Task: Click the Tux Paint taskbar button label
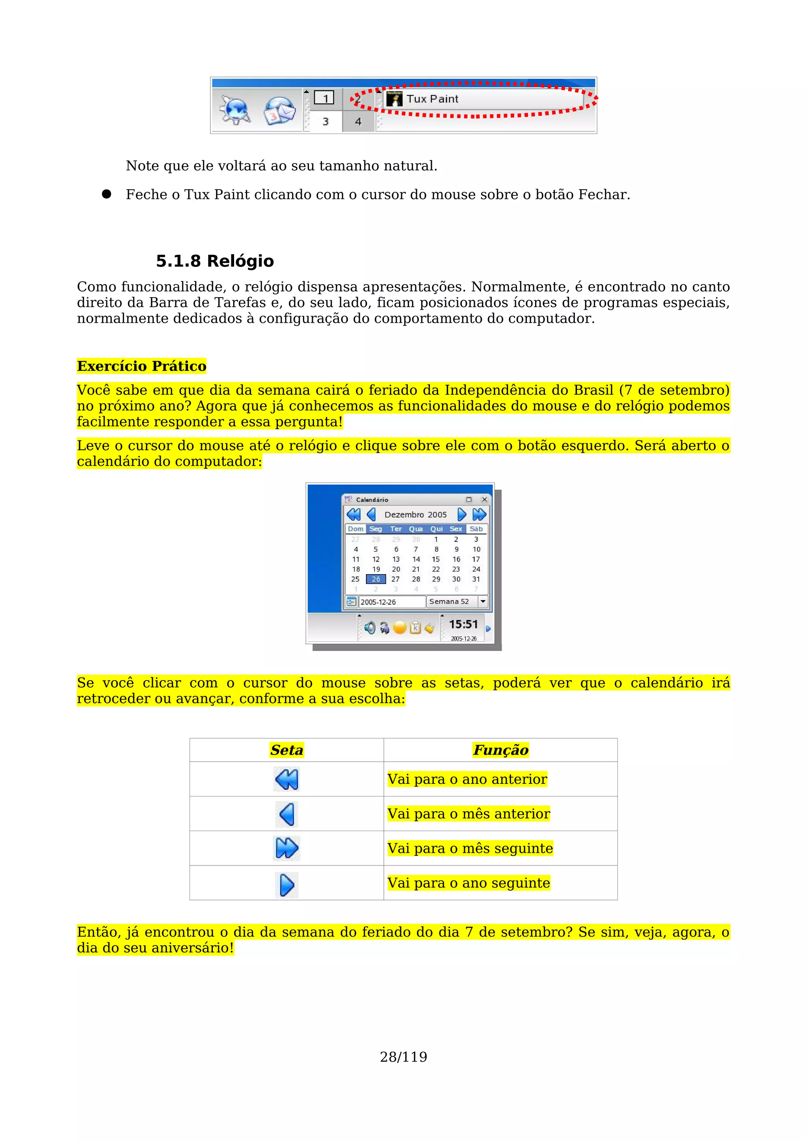coord(432,99)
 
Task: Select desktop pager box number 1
coord(325,98)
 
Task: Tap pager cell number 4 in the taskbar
coord(358,121)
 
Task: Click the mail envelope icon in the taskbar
coord(279,110)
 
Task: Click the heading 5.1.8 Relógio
coord(215,261)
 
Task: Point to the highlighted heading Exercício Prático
coord(142,366)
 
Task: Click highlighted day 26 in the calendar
coord(376,579)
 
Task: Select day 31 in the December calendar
coord(476,579)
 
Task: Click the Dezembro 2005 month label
coord(416,515)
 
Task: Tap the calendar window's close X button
coord(484,499)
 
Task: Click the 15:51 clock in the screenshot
coord(463,625)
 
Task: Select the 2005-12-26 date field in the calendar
coord(391,602)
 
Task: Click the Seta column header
coord(286,750)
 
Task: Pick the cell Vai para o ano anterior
coord(467,779)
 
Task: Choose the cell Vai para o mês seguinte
coord(470,848)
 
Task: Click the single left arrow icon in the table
coord(287,814)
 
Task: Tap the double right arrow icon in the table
coord(287,848)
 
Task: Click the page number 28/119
coord(403,1057)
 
